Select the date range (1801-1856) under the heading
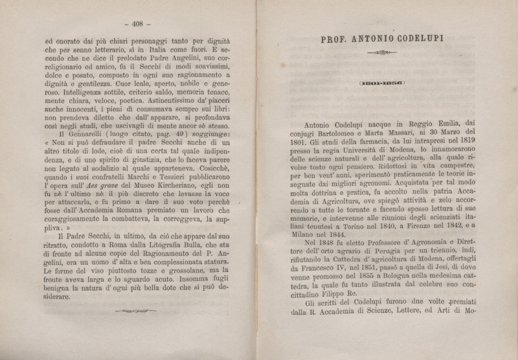tap(381, 83)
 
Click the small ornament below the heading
tap(381, 54)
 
